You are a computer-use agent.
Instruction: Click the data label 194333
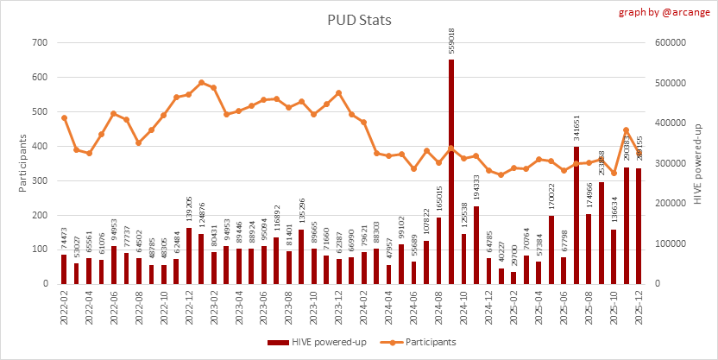point(476,188)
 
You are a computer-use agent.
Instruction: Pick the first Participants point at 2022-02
point(64,117)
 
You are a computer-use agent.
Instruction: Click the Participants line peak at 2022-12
point(201,83)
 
